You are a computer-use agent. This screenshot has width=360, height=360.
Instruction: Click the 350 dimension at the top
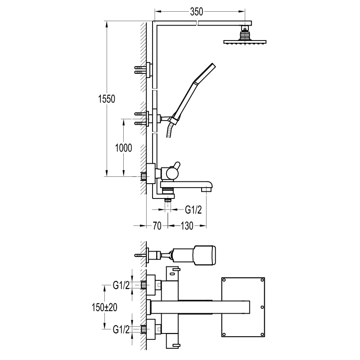[196, 13]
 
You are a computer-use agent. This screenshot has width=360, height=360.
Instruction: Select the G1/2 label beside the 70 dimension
[194, 209]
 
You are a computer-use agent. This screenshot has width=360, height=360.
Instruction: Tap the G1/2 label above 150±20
[121, 284]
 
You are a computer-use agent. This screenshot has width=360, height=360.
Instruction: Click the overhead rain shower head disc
[245, 43]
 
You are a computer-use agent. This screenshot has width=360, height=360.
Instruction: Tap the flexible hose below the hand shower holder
[170, 130]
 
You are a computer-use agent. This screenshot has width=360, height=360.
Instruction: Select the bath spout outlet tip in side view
[207, 189]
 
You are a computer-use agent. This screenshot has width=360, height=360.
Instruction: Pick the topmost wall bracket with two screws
[147, 69]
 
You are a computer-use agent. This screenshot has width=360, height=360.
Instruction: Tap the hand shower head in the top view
[205, 255]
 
